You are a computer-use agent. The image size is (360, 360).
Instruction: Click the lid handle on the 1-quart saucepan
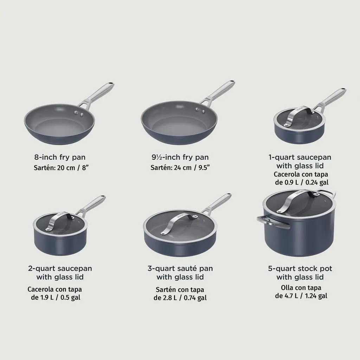tap(298, 115)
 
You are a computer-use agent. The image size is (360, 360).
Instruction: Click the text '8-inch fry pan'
tap(60, 157)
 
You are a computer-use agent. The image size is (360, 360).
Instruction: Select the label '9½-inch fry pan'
tap(180, 157)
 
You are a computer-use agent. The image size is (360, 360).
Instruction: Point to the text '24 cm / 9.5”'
tap(192, 168)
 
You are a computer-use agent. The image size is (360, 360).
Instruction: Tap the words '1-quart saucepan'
tap(300, 157)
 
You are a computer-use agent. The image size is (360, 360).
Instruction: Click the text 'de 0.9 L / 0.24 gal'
tap(302, 182)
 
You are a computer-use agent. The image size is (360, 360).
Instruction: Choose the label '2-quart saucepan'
tap(60, 269)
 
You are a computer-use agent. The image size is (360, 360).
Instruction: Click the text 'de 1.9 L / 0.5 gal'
tap(56, 297)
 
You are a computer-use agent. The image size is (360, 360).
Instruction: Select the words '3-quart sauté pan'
tap(180, 268)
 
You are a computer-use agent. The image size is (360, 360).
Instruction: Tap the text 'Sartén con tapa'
tap(180, 290)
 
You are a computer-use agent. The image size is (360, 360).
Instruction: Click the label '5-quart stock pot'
tap(300, 269)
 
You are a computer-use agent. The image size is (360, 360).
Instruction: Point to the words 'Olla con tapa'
tap(301, 288)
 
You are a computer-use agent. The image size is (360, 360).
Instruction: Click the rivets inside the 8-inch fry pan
tap(79, 113)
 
